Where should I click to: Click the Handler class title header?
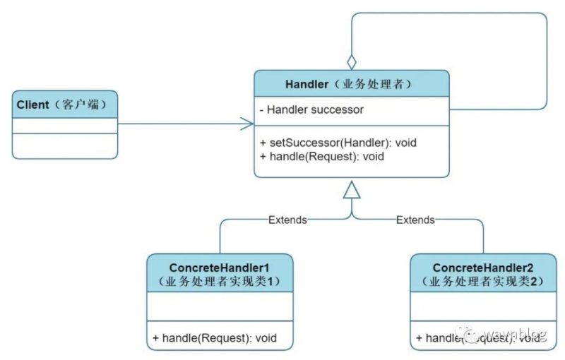(351, 84)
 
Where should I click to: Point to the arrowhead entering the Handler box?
(247, 124)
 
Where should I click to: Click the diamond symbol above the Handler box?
(352, 61)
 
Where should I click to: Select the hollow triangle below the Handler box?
(352, 188)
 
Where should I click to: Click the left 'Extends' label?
(287, 220)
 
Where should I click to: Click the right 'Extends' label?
(415, 220)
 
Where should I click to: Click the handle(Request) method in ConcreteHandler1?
(213, 338)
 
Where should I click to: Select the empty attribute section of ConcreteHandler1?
(220, 307)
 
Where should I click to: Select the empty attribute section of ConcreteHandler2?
(484, 307)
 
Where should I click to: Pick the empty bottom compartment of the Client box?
(65, 145)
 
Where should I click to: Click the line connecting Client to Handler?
(184, 124)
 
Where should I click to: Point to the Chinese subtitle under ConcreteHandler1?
(220, 281)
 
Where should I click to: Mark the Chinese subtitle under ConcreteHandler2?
(484, 281)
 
